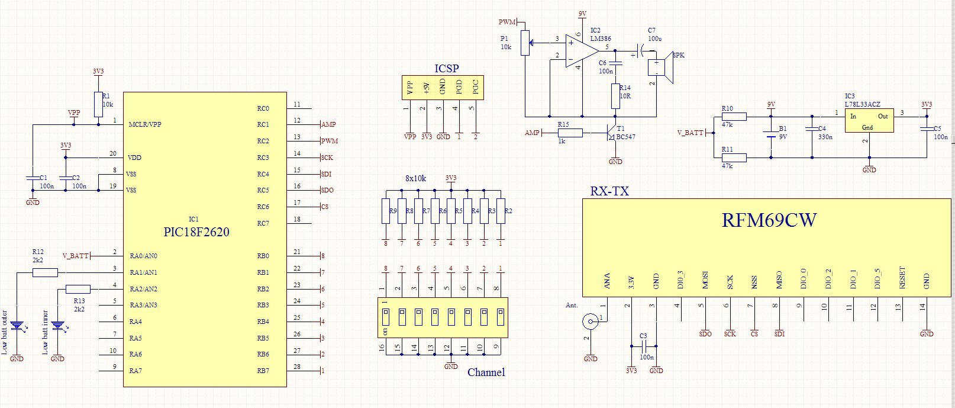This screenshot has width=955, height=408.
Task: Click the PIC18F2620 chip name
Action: [196, 232]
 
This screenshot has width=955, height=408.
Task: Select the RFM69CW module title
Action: [769, 220]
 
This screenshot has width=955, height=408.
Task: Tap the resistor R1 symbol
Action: [98, 104]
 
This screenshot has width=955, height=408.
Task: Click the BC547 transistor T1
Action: [612, 133]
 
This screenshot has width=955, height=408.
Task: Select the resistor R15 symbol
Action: [570, 133]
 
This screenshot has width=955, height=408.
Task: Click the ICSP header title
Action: [447, 68]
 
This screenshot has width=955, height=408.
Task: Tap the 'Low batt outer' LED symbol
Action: [17, 326]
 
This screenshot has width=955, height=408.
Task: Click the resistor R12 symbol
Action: [45, 272]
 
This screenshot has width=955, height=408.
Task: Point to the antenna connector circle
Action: [591, 322]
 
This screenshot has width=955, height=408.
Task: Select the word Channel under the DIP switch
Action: [486, 372]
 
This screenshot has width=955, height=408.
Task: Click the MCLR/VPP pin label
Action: [145, 124]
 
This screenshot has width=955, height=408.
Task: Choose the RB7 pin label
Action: [263, 371]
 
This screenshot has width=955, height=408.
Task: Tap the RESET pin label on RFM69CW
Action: [902, 278]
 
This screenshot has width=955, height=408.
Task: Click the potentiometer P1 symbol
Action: [525, 43]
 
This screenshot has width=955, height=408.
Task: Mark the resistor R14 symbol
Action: [615, 96]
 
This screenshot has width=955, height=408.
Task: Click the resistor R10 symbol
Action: [734, 117]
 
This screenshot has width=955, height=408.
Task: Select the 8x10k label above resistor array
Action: [416, 178]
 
